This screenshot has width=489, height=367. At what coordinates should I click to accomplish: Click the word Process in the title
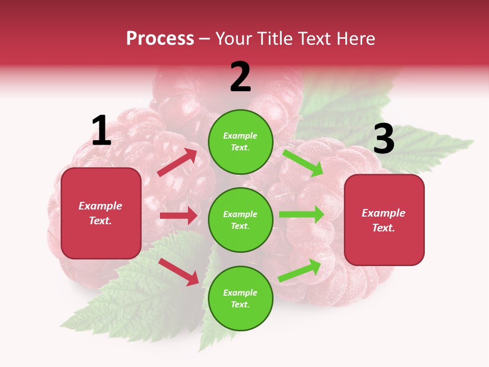pos(160,39)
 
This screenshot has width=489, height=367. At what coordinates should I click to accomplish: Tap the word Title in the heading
pos(272,39)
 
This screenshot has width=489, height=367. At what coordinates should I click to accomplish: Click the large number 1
pos(101,132)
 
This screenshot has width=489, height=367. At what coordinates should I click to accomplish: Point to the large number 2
pos(240,77)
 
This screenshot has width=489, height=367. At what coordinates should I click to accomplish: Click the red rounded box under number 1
pos(101,213)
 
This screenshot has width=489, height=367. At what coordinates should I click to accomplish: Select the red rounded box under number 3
pos(384,220)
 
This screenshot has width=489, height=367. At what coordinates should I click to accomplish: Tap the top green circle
pos(240,142)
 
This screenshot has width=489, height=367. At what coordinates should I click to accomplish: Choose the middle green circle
pos(240,220)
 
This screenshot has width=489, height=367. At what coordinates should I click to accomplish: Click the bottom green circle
pos(240,298)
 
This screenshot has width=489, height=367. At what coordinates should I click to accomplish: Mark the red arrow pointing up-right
pos(177,163)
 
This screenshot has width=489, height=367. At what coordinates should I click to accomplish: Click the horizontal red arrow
pos(178,216)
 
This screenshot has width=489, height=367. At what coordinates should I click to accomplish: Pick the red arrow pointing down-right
pos(179,271)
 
